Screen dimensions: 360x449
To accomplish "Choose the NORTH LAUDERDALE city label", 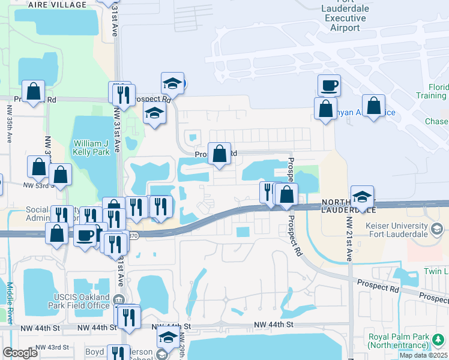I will (x=348, y=206).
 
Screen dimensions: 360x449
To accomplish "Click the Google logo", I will (x=20, y=353).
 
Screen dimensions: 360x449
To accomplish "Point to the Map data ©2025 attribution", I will (x=424, y=355).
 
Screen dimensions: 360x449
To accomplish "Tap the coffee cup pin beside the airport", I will (x=329, y=85).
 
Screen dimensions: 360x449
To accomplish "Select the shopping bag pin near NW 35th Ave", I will (x=34, y=91).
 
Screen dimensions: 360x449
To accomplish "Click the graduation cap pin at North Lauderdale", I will (x=362, y=196).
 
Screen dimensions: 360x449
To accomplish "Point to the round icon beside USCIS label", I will (x=118, y=299).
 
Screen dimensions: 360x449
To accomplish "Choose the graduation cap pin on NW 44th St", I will (x=168, y=339).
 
